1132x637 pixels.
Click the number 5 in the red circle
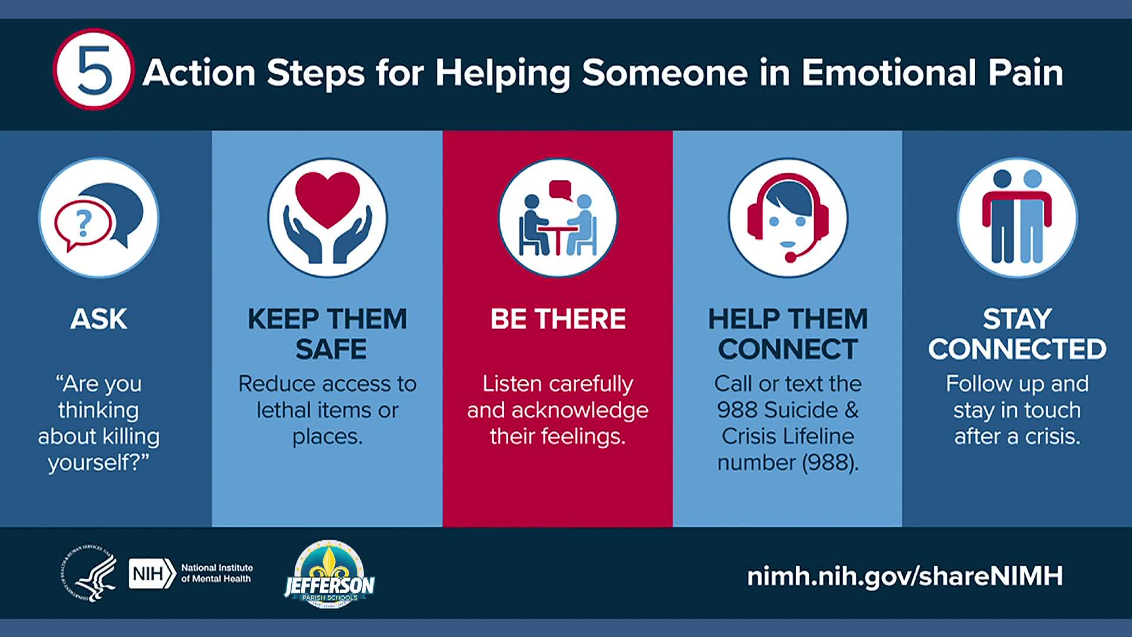coord(94,71)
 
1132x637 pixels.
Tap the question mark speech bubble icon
coord(98,218)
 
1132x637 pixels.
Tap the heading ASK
coord(98,319)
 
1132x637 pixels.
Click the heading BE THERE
coord(558,319)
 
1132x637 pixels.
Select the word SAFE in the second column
coord(331,349)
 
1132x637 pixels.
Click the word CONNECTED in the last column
coord(1017,349)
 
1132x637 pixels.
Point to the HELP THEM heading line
coord(788,319)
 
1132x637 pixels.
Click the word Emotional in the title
coord(888,73)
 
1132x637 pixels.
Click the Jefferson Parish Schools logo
coord(329,574)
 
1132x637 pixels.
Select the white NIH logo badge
coord(152,574)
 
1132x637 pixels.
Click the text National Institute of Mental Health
coord(216,573)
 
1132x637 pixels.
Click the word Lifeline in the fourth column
coord(817,436)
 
